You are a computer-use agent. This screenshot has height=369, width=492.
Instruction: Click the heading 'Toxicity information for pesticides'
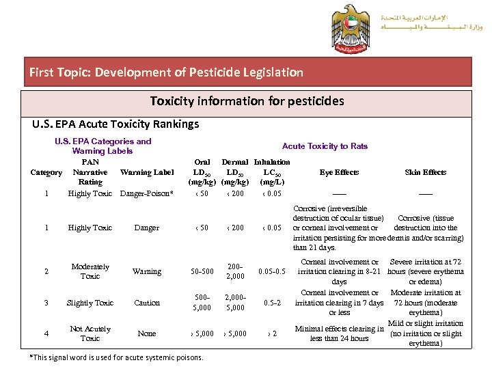click(x=247, y=101)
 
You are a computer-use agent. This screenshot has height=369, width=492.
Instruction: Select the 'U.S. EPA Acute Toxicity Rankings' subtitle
click(x=116, y=124)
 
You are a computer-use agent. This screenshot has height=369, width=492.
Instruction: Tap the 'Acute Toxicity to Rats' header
click(x=325, y=146)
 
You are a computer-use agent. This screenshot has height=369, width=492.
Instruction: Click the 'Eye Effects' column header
click(x=340, y=172)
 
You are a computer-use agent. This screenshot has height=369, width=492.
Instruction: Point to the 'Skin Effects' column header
click(x=425, y=172)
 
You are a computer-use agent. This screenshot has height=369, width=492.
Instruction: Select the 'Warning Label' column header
click(x=147, y=172)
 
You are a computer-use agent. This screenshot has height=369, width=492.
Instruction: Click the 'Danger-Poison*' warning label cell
click(x=147, y=193)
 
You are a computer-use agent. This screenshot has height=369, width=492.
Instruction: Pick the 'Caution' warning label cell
click(x=147, y=303)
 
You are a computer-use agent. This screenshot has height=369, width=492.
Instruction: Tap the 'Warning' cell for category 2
click(x=147, y=271)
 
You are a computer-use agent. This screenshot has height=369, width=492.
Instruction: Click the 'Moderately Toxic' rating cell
click(x=90, y=271)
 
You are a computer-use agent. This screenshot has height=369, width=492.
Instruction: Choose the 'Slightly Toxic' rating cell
click(x=90, y=303)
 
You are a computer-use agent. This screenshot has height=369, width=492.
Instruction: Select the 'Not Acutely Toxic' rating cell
click(x=90, y=333)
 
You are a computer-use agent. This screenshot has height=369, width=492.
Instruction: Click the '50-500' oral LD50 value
click(x=202, y=271)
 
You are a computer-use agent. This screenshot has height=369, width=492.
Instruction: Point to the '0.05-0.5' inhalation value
click(x=272, y=271)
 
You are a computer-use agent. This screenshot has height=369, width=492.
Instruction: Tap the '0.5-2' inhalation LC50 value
click(x=272, y=303)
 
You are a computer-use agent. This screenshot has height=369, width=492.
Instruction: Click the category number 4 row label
click(x=46, y=333)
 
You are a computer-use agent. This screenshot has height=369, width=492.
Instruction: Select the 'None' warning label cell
click(x=147, y=333)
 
